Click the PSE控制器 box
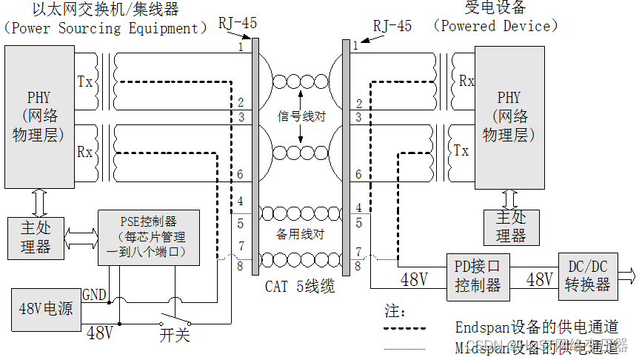149,238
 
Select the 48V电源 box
46,307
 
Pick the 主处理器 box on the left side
35,237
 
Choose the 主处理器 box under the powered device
510,227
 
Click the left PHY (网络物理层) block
39,116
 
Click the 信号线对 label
301,116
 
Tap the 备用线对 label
301,233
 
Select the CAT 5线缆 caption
300,286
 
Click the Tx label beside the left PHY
85,81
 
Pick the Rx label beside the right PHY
466,81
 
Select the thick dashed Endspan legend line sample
405,327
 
